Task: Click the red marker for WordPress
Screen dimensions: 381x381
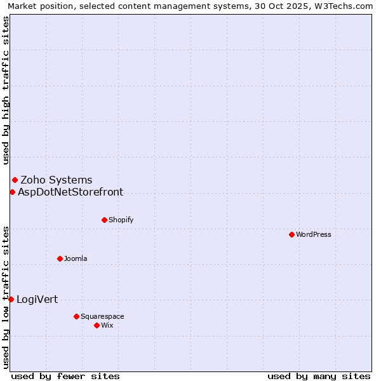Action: pos(291,234)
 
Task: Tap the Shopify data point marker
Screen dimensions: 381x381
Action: pos(104,220)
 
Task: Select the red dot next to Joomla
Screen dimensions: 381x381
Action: pos(60,258)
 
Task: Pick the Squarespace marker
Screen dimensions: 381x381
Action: pos(76,316)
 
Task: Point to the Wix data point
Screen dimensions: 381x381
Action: pos(97,325)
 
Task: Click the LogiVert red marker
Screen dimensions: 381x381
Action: pos(11,299)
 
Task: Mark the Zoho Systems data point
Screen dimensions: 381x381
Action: pos(15,180)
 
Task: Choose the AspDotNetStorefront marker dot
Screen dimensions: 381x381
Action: pos(12,192)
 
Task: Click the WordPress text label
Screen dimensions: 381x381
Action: pos(314,234)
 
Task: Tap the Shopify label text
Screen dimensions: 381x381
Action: pos(121,220)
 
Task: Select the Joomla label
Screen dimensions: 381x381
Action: pos(76,258)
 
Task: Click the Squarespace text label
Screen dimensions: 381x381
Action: pos(102,316)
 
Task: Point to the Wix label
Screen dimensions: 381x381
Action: pos(107,325)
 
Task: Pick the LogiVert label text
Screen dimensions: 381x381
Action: pos(37,299)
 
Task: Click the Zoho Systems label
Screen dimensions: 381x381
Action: pos(57,180)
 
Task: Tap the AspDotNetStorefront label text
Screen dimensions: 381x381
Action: pos(70,192)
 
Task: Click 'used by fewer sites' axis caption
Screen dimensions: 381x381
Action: pos(65,376)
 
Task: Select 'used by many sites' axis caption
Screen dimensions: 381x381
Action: pos(319,376)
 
